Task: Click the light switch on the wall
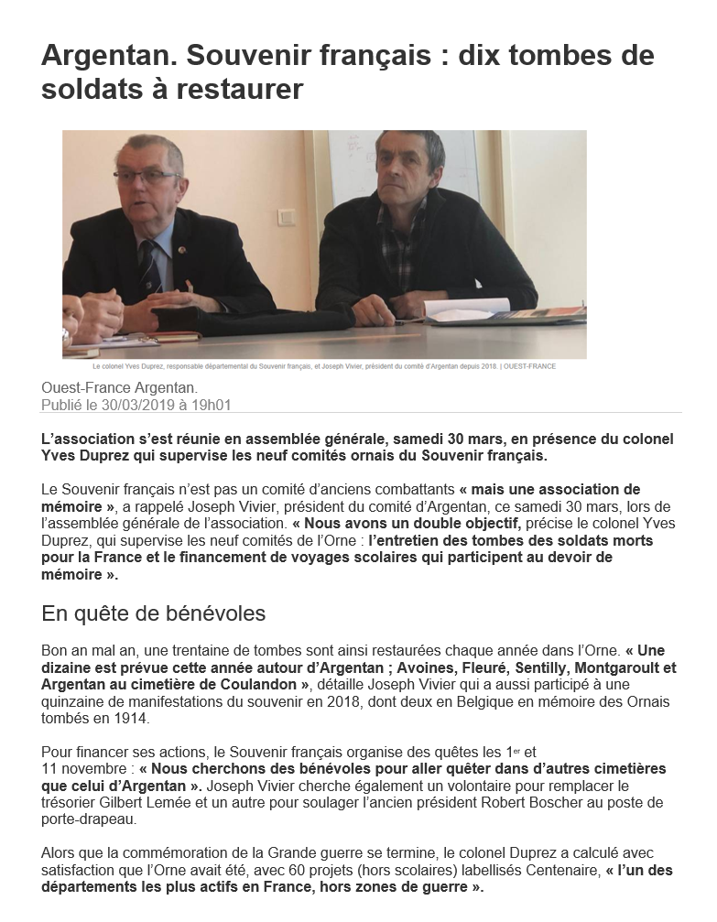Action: (287, 218)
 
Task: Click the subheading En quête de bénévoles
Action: (154, 613)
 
